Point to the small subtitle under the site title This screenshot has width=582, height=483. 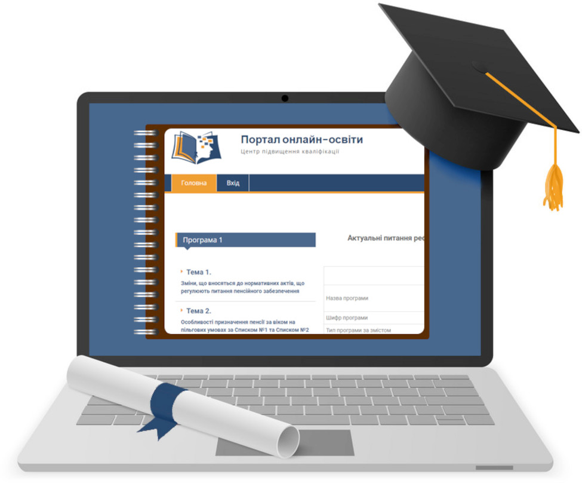coord(289,152)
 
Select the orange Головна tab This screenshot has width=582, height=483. coord(193,183)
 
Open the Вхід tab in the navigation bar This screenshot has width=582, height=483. coord(233,183)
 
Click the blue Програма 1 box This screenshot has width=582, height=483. coord(246,240)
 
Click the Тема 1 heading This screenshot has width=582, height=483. coord(195,273)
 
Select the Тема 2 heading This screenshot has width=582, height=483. coord(195,311)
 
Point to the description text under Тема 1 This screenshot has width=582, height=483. coord(242,286)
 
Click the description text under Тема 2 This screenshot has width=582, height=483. coord(242,325)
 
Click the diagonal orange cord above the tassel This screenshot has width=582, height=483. coord(519,100)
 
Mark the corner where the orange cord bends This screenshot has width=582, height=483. coord(555,127)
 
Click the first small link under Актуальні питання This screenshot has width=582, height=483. coord(349,298)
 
